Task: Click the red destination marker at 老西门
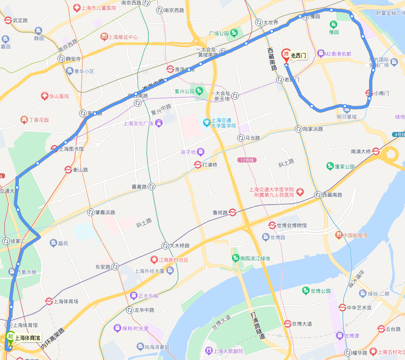point(286,56)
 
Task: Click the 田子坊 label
point(186,151)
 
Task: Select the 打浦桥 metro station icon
point(198,165)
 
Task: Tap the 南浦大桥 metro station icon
point(376,151)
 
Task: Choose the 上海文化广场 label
point(138,124)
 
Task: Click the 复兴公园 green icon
point(199,91)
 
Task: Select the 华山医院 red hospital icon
point(44,96)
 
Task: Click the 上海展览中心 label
point(123,37)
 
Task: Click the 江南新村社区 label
point(173,260)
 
